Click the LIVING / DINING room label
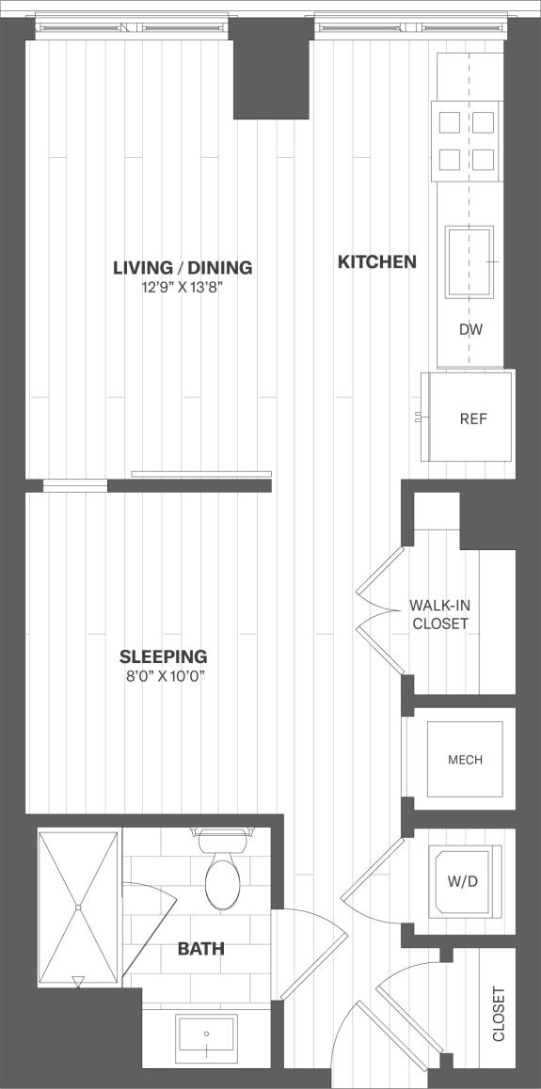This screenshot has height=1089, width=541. click(183, 268)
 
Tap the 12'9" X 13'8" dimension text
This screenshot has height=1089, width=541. click(183, 288)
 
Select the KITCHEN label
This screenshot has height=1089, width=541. click(376, 262)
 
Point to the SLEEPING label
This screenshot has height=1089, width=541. click(164, 656)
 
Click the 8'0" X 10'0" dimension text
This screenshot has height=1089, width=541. click(164, 676)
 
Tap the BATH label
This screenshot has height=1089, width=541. click(200, 949)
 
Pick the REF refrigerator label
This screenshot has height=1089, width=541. click(473, 419)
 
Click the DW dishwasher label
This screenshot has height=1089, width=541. click(470, 330)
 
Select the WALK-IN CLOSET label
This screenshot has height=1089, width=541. click(438, 614)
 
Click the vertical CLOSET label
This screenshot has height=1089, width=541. click(499, 1014)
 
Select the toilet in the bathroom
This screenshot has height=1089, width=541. click(222, 875)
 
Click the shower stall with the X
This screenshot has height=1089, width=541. click(79, 907)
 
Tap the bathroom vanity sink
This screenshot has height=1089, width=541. click(206, 1037)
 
